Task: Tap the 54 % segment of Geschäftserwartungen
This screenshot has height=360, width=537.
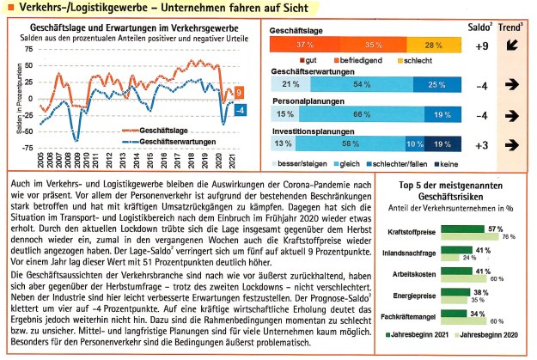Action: coord(356,84)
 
